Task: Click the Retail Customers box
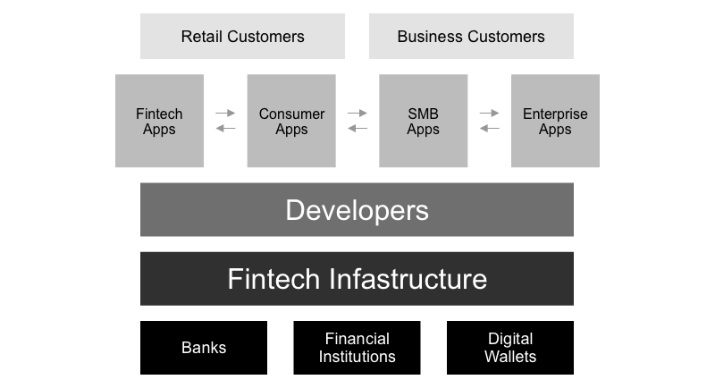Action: tap(242, 37)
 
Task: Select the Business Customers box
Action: tap(471, 37)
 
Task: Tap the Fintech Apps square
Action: tap(159, 121)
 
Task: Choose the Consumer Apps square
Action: tap(291, 121)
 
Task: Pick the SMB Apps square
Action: tap(423, 121)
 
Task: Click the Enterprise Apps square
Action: tap(555, 121)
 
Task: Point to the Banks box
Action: tap(204, 348)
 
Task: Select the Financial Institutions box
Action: tap(357, 348)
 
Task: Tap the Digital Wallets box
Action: tap(509, 348)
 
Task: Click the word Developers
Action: tap(357, 210)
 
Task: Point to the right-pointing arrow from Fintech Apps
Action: tap(225, 114)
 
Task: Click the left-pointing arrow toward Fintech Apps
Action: tap(225, 129)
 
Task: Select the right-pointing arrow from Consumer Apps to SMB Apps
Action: tap(357, 114)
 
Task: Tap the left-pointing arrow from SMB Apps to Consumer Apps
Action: tap(357, 129)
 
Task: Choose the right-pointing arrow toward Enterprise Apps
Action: tap(489, 114)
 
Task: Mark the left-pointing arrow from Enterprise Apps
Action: tap(489, 129)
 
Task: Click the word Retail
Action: tap(200, 37)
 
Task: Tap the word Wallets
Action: tap(509, 357)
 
